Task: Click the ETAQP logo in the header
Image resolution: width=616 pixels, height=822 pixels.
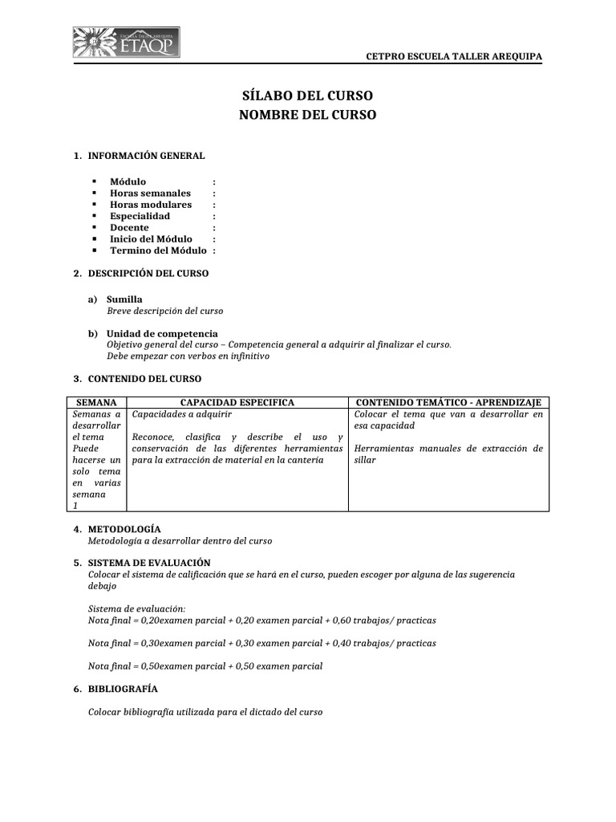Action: [126, 43]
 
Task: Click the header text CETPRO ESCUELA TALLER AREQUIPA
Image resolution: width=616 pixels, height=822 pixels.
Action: [453, 56]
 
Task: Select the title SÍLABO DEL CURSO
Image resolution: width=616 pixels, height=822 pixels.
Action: [307, 96]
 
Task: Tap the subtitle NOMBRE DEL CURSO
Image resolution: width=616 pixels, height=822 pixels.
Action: [307, 116]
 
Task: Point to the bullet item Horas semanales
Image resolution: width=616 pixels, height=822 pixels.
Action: [150, 193]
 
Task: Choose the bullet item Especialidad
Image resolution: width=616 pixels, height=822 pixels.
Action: [140, 216]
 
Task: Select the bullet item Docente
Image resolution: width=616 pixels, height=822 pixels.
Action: [129, 228]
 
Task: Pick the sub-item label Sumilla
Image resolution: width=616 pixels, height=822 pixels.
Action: [124, 299]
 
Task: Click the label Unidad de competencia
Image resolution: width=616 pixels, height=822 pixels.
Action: [162, 334]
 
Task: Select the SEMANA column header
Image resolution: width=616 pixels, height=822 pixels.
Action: [95, 402]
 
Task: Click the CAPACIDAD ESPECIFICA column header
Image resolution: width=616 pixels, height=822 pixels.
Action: [237, 402]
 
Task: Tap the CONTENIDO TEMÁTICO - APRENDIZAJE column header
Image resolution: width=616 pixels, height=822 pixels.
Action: [448, 402]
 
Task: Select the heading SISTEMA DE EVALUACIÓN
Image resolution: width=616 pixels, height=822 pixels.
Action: [148, 564]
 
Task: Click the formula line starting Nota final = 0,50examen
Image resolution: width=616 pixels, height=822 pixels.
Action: [205, 666]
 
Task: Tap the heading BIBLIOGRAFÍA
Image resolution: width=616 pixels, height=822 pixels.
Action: [122, 690]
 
